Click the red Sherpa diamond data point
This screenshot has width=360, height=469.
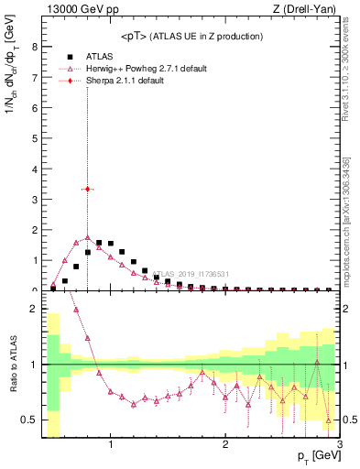click(87, 189)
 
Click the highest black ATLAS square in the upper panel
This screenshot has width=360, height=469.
click(99, 243)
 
